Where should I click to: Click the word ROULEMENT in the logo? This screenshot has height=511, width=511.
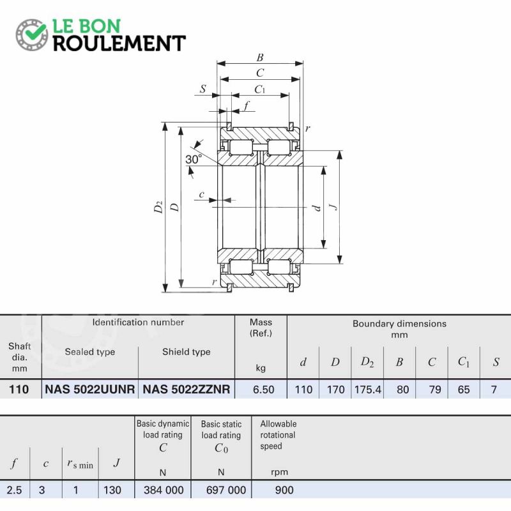[x=119, y=43]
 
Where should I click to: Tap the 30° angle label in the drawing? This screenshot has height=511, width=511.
[x=194, y=159]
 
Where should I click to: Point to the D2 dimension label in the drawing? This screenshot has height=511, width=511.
[x=158, y=207]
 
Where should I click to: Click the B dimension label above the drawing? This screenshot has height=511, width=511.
[x=260, y=57]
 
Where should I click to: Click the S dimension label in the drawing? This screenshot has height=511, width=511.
[x=203, y=89]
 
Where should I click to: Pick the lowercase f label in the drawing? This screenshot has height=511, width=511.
[x=247, y=106]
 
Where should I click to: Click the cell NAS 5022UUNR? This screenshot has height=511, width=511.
[x=89, y=389]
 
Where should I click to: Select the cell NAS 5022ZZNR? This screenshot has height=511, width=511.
[x=187, y=389]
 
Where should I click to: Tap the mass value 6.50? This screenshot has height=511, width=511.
[x=264, y=390]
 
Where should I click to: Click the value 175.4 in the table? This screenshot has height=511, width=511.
[x=368, y=390]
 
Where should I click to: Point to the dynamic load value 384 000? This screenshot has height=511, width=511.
[x=164, y=490]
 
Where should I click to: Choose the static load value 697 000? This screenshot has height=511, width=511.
[x=226, y=490]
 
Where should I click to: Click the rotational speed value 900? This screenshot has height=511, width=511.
[x=284, y=490]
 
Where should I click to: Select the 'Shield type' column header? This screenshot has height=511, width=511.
[x=187, y=352]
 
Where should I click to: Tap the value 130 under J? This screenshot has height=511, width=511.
[x=112, y=490]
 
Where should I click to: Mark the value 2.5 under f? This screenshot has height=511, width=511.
[x=14, y=490]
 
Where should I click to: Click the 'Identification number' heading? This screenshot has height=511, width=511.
[x=138, y=323]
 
